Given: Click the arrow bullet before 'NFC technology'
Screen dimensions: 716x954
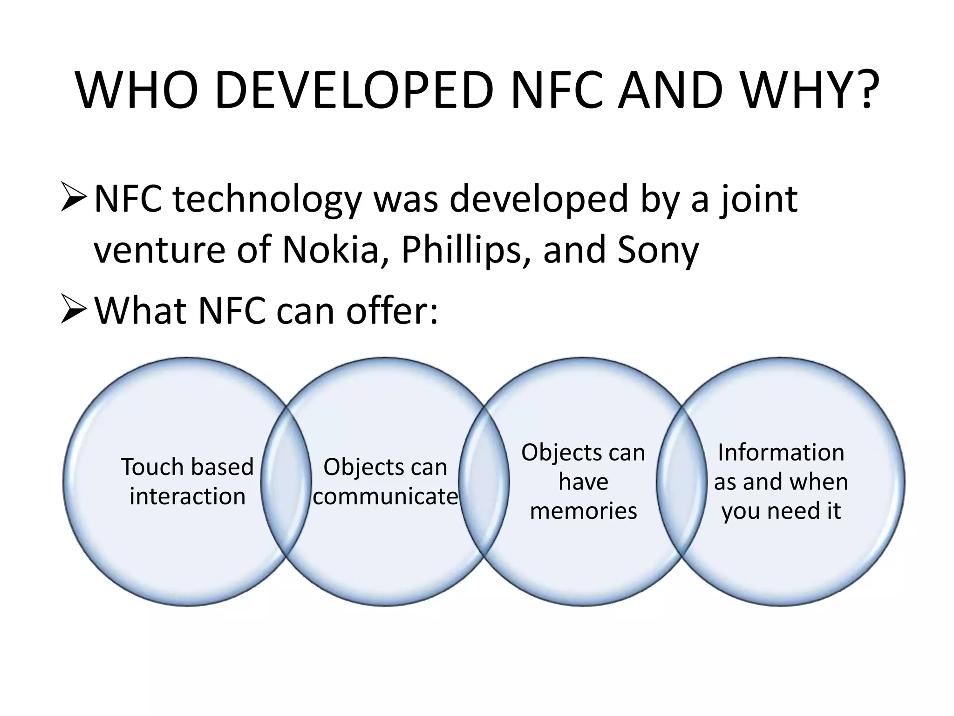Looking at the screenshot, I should click(x=74, y=198).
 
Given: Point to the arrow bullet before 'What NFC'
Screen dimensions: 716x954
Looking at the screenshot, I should click(x=74, y=310).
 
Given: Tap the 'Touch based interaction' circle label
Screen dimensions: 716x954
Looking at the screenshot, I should click(x=187, y=481).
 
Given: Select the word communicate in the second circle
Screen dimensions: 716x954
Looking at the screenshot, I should click(x=385, y=496).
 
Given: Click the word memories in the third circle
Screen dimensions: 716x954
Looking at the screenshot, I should click(x=583, y=511).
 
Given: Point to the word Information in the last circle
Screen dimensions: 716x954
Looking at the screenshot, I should click(x=781, y=452).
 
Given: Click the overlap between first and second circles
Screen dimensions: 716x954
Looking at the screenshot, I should click(x=286, y=481).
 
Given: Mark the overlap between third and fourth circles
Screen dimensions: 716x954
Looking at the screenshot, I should click(x=681, y=481).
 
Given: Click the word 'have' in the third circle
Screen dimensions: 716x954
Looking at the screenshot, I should click(x=583, y=482).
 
